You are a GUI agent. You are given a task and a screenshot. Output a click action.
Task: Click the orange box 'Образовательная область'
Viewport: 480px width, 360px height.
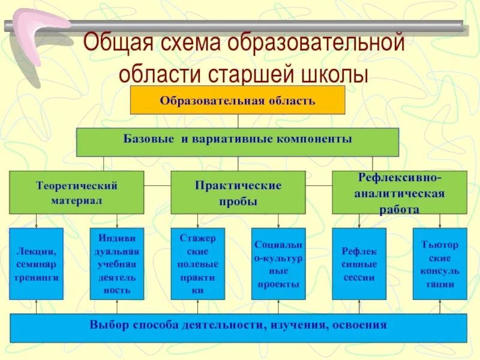(x=238, y=100)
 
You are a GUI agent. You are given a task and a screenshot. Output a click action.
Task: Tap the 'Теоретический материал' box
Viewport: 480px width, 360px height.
(x=76, y=192)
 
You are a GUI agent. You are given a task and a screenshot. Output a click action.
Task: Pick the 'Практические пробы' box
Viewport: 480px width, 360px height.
(x=238, y=193)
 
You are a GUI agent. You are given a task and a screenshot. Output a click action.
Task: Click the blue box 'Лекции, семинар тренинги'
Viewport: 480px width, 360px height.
(x=36, y=264)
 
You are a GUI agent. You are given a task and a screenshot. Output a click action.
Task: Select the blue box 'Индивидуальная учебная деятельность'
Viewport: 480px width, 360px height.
(x=117, y=264)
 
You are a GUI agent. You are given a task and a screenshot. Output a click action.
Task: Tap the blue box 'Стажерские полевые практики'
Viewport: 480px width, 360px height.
(x=198, y=264)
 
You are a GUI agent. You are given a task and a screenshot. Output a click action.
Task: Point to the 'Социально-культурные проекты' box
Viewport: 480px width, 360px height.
(x=278, y=264)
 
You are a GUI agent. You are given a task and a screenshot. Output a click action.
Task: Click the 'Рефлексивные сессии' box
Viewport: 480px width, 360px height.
(x=359, y=264)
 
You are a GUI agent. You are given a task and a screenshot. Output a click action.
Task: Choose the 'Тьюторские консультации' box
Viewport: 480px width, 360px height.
(x=440, y=264)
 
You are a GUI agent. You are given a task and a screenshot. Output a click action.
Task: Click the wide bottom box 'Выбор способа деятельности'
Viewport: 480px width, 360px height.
(x=238, y=328)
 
